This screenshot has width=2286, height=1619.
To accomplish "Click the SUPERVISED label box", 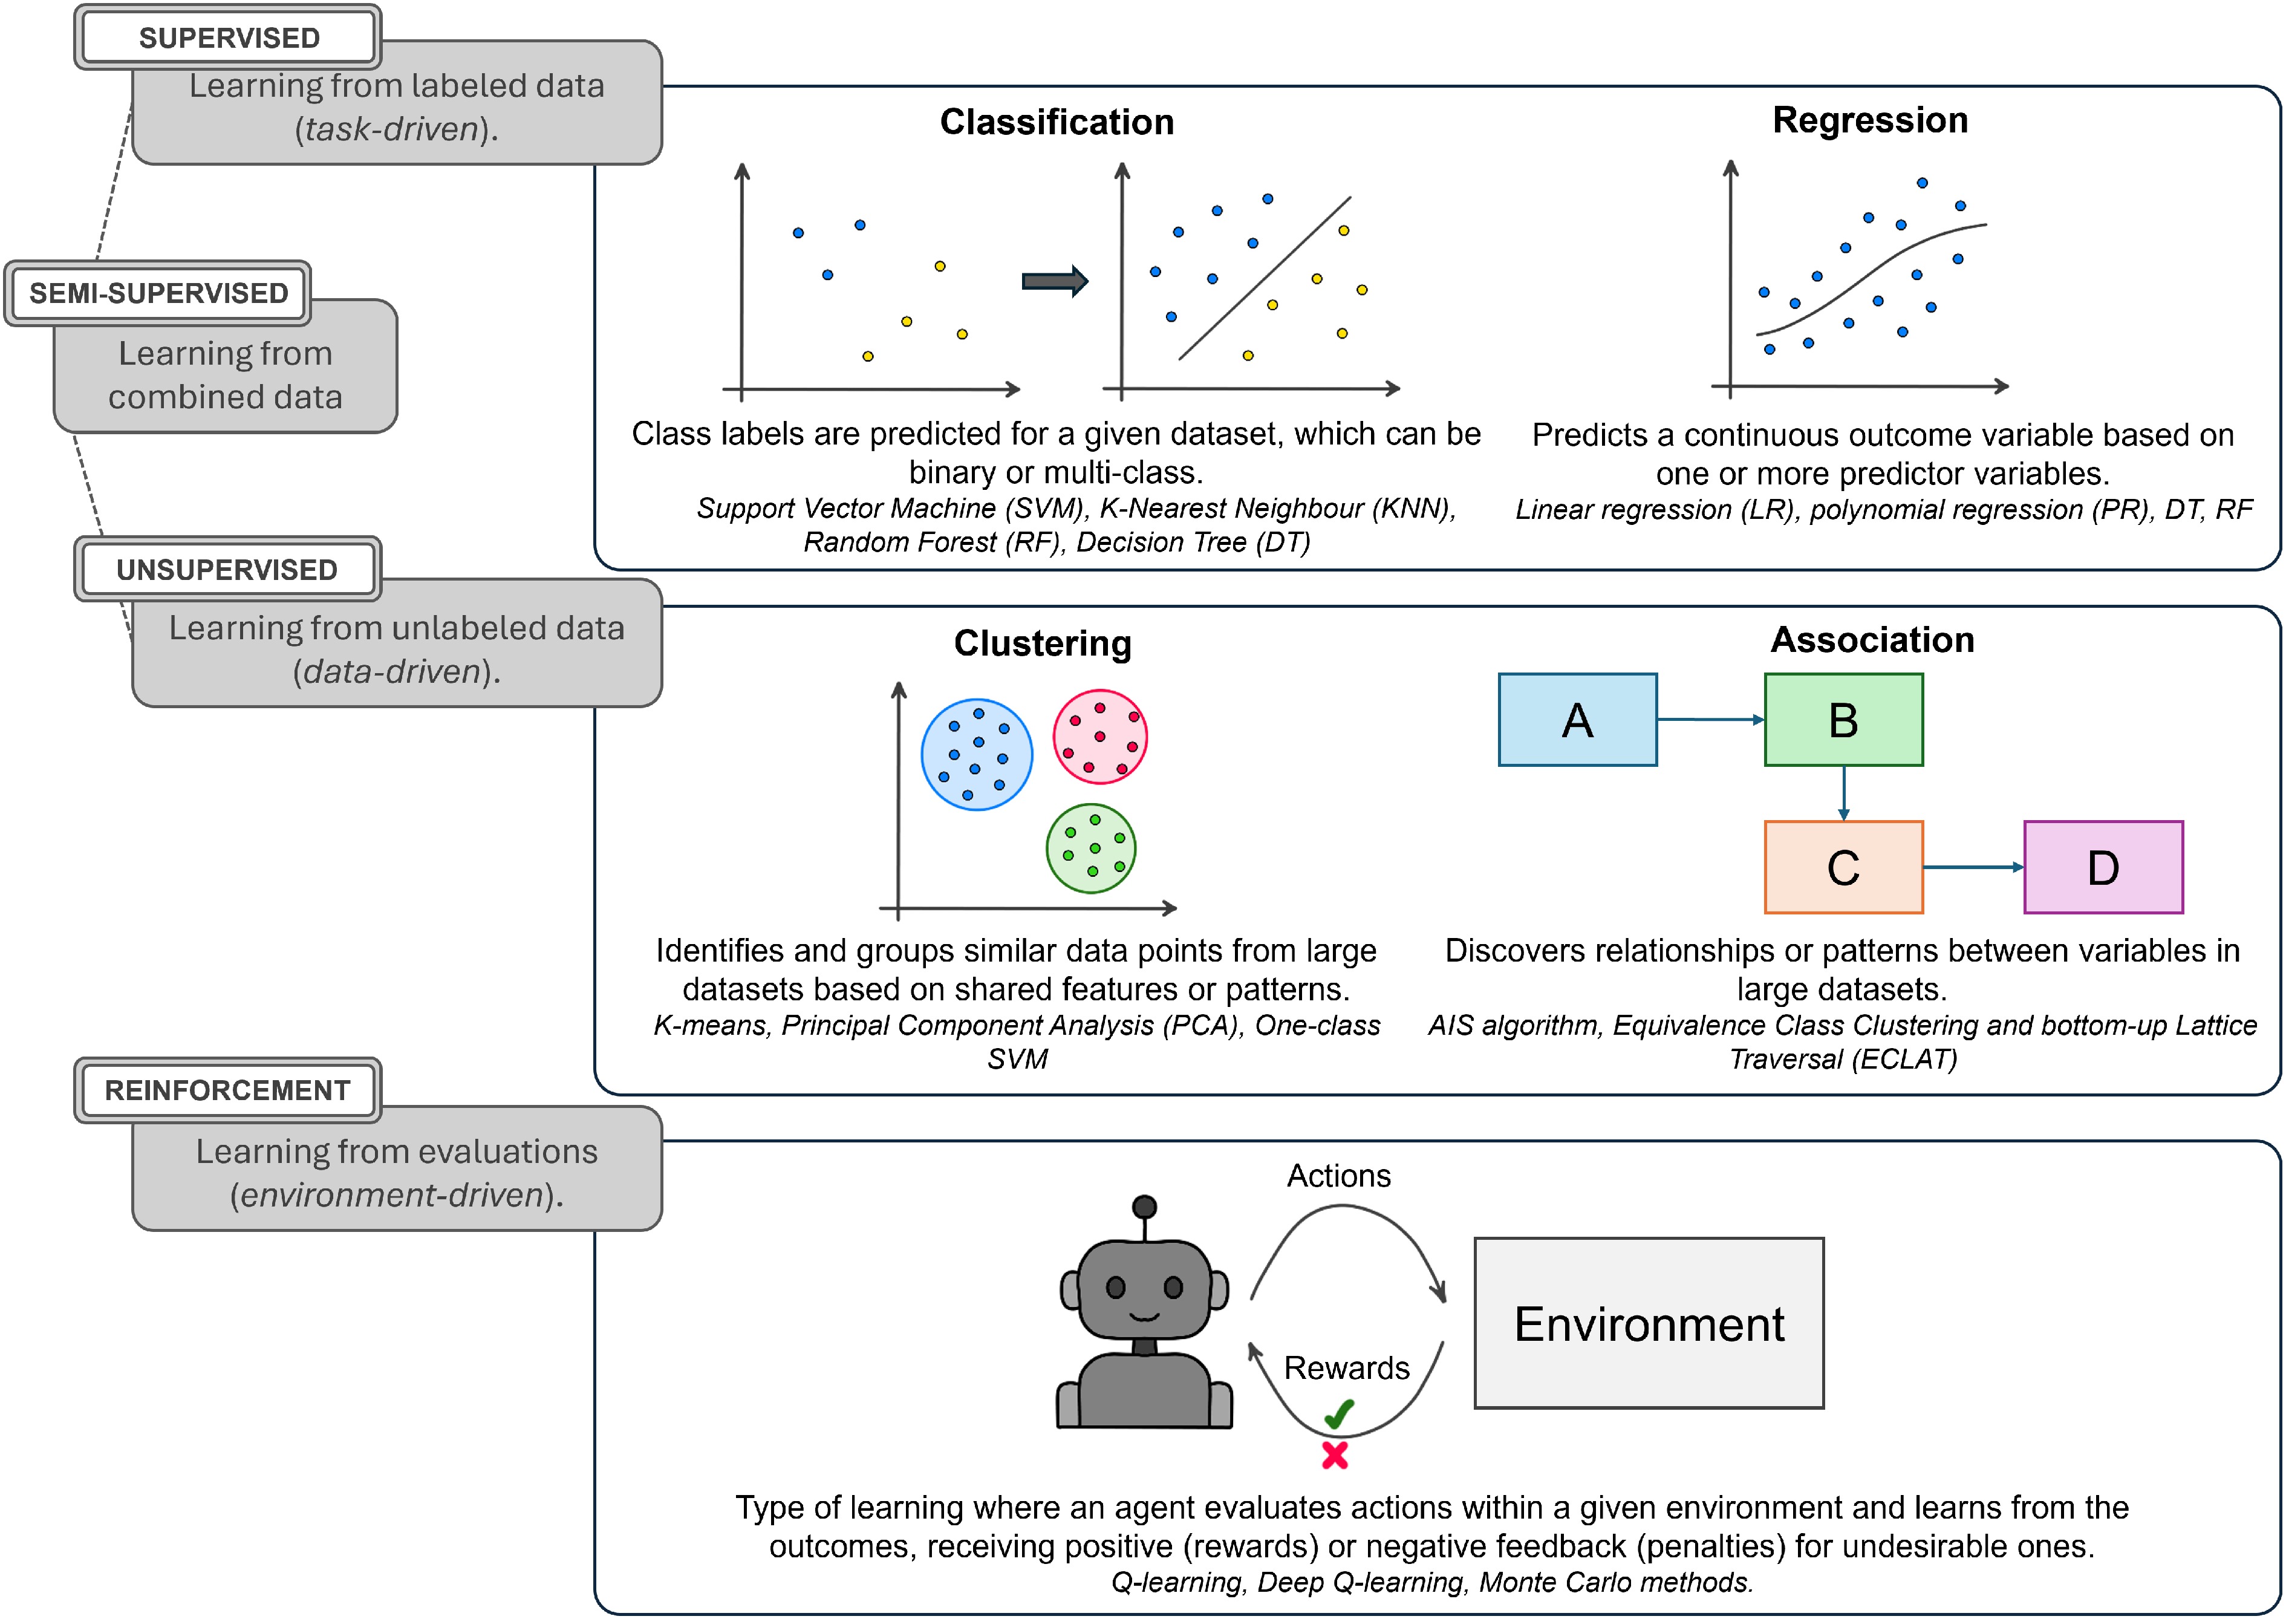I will pyautogui.click(x=229, y=38).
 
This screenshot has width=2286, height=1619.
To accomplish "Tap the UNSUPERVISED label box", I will pyautogui.click(x=227, y=569).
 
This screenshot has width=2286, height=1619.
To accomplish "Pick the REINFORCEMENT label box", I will pyautogui.click(x=227, y=1090).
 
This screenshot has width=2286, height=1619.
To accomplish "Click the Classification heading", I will pyautogui.click(x=1057, y=122).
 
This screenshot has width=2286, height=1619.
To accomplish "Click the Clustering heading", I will pyautogui.click(x=1042, y=643).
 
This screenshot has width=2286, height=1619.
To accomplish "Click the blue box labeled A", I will pyautogui.click(x=1577, y=720).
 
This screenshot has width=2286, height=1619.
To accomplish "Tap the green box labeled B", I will pyautogui.click(x=1843, y=720).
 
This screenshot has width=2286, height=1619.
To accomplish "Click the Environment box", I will pyautogui.click(x=1649, y=1323).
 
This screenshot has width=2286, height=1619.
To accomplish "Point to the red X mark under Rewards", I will pyautogui.click(x=1335, y=1456).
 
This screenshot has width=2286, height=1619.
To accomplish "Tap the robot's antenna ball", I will pyautogui.click(x=1144, y=1207).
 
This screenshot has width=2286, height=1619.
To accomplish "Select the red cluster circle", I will pyautogui.click(x=1099, y=737).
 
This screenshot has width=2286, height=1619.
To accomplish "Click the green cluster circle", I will pyautogui.click(x=1090, y=849).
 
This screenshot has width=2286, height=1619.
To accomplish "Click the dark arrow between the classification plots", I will pyautogui.click(x=1053, y=281).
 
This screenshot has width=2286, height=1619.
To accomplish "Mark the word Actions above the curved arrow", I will pyautogui.click(x=1338, y=1175).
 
